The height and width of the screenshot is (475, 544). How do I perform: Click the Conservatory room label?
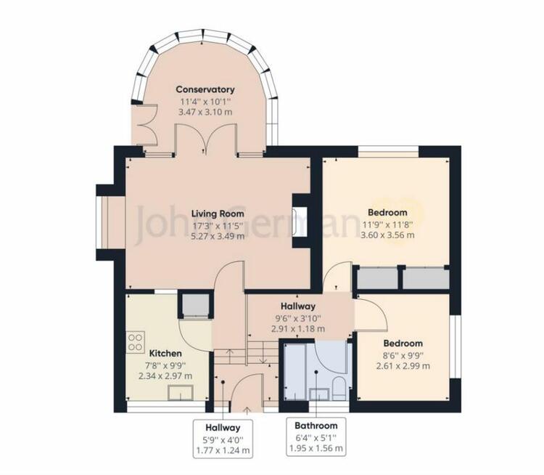[x=205, y=89]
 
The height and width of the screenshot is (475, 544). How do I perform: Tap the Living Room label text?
[x=218, y=214]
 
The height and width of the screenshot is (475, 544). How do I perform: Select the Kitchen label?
[x=165, y=354]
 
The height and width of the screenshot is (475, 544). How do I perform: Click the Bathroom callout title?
[x=316, y=426]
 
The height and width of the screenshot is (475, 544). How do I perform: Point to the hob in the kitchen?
[x=136, y=342]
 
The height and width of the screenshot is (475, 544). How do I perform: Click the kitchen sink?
[x=181, y=393]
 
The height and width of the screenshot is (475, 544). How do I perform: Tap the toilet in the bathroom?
[x=339, y=389]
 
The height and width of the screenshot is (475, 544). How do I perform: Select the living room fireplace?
[x=300, y=222]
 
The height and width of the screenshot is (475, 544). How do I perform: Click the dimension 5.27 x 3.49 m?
[x=218, y=236]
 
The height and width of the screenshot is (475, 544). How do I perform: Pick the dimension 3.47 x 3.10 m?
[x=205, y=113]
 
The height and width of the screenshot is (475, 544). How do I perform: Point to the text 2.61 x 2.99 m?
[x=403, y=366]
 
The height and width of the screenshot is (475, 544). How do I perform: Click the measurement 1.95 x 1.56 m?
[x=316, y=449]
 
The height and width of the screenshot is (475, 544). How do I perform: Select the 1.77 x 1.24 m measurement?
[x=223, y=451]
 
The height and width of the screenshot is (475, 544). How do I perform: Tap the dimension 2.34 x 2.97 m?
[x=165, y=376]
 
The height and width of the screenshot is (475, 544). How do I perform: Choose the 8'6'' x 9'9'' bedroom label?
[x=403, y=354]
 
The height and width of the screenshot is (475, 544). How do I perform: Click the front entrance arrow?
[x=247, y=411]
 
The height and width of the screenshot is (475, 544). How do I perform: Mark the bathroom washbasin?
[x=319, y=394]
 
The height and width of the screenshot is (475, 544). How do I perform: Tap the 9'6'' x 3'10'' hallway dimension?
[x=298, y=318]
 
